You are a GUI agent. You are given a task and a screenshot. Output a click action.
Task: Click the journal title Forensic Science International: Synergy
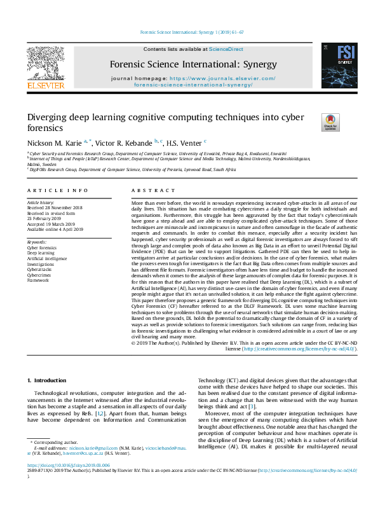(x=192, y=64)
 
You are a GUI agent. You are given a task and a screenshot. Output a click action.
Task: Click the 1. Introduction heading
(x=49, y=380)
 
